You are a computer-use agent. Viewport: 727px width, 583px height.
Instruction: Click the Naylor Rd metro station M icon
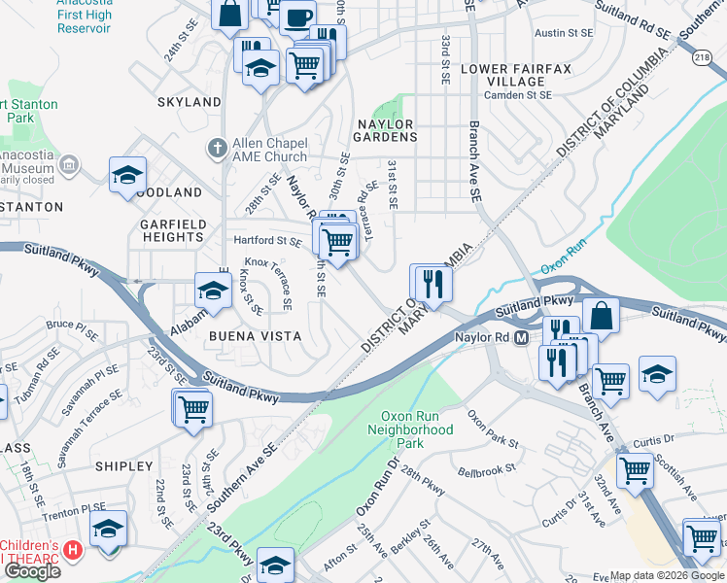(521, 338)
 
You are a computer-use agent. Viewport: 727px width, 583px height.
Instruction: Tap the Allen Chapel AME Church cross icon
(218, 149)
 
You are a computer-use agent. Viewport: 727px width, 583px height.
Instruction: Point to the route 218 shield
(701, 59)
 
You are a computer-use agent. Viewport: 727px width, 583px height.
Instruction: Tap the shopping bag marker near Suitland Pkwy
(603, 316)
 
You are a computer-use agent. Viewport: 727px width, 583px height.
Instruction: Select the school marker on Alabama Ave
(214, 288)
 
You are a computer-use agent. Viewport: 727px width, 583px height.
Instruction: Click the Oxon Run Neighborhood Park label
(416, 429)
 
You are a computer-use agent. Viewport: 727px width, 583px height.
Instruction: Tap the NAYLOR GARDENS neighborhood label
(386, 130)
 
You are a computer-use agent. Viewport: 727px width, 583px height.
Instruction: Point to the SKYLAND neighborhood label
(189, 102)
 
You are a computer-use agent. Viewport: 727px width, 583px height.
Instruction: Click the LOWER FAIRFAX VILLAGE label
(503, 75)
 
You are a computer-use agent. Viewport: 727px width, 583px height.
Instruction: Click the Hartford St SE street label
(265, 241)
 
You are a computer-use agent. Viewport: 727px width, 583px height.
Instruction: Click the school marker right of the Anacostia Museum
(127, 175)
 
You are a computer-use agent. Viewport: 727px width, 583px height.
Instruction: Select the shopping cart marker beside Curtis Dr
(635, 470)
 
